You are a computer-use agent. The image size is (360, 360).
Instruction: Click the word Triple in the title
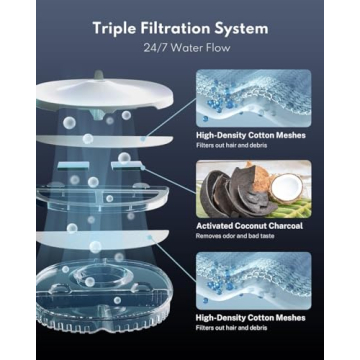(x=113, y=29)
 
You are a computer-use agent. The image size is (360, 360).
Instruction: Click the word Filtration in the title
(x=173, y=28)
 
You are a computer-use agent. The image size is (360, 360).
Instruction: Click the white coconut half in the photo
(x=286, y=188)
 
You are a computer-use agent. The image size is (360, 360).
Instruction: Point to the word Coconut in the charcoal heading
(x=254, y=226)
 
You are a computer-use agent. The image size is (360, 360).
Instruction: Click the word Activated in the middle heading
(x=215, y=226)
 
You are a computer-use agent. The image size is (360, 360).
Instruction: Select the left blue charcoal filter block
(x=73, y=165)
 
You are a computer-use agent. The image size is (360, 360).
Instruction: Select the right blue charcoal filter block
(x=127, y=165)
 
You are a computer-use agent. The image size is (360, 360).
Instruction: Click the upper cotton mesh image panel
(x=254, y=98)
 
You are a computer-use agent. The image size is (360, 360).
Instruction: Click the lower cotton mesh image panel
(x=254, y=280)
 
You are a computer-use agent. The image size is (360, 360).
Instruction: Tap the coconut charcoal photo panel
(x=254, y=189)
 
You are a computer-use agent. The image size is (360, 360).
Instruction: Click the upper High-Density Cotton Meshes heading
(x=251, y=135)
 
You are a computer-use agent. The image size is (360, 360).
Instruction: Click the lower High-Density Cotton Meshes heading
(x=251, y=318)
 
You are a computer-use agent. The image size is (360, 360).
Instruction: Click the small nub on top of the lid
(x=98, y=75)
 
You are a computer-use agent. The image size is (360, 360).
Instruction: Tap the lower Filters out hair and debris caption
(x=232, y=328)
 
